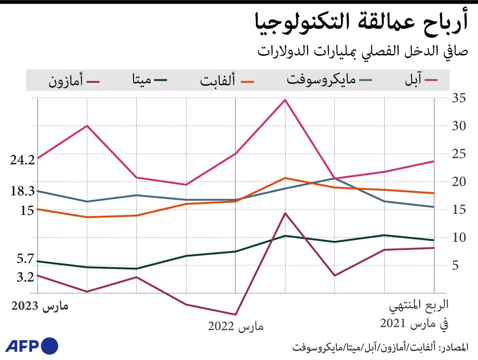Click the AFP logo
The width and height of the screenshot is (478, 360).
click(32, 346)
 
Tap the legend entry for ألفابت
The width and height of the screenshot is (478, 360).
click(227, 80)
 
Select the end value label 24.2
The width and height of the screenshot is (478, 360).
click(22, 159)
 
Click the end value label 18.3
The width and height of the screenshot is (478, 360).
click(22, 191)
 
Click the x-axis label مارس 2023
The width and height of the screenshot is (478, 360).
click(39, 307)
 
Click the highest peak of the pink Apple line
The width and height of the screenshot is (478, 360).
click(285, 100)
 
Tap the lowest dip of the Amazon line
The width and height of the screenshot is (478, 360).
click(235, 315)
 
